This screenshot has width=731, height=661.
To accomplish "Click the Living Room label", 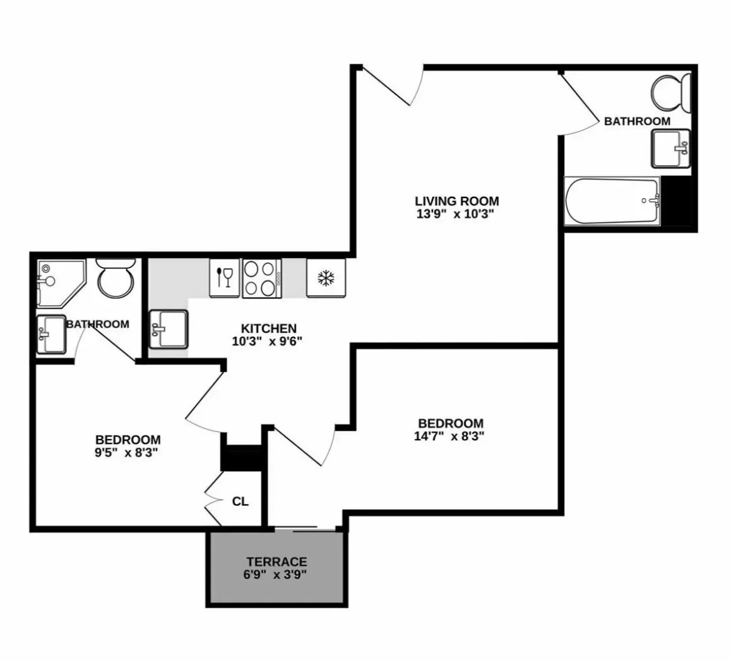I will (x=456, y=201).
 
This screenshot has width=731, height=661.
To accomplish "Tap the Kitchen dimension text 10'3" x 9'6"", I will (x=268, y=341).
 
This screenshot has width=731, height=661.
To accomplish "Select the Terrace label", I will (x=276, y=561).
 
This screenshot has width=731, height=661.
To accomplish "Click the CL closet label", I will (x=241, y=501).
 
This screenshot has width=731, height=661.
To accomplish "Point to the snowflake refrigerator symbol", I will (x=326, y=278).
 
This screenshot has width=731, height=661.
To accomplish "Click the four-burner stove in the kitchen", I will (x=261, y=278).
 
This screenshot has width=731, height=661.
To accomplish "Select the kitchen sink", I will (x=169, y=329).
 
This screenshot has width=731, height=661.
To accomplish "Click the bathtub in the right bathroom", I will (x=611, y=201).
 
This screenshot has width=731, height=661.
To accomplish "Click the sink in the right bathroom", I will (x=670, y=148).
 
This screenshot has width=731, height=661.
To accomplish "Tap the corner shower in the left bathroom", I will (x=59, y=281).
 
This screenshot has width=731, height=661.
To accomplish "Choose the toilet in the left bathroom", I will (x=116, y=278).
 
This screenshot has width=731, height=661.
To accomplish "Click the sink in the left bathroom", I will (x=51, y=334).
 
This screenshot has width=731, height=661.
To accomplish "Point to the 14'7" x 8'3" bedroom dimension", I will (x=451, y=435).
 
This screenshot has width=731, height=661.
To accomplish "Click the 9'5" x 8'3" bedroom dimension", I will (x=128, y=452).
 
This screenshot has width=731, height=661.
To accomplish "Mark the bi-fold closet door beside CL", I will (x=213, y=501).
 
